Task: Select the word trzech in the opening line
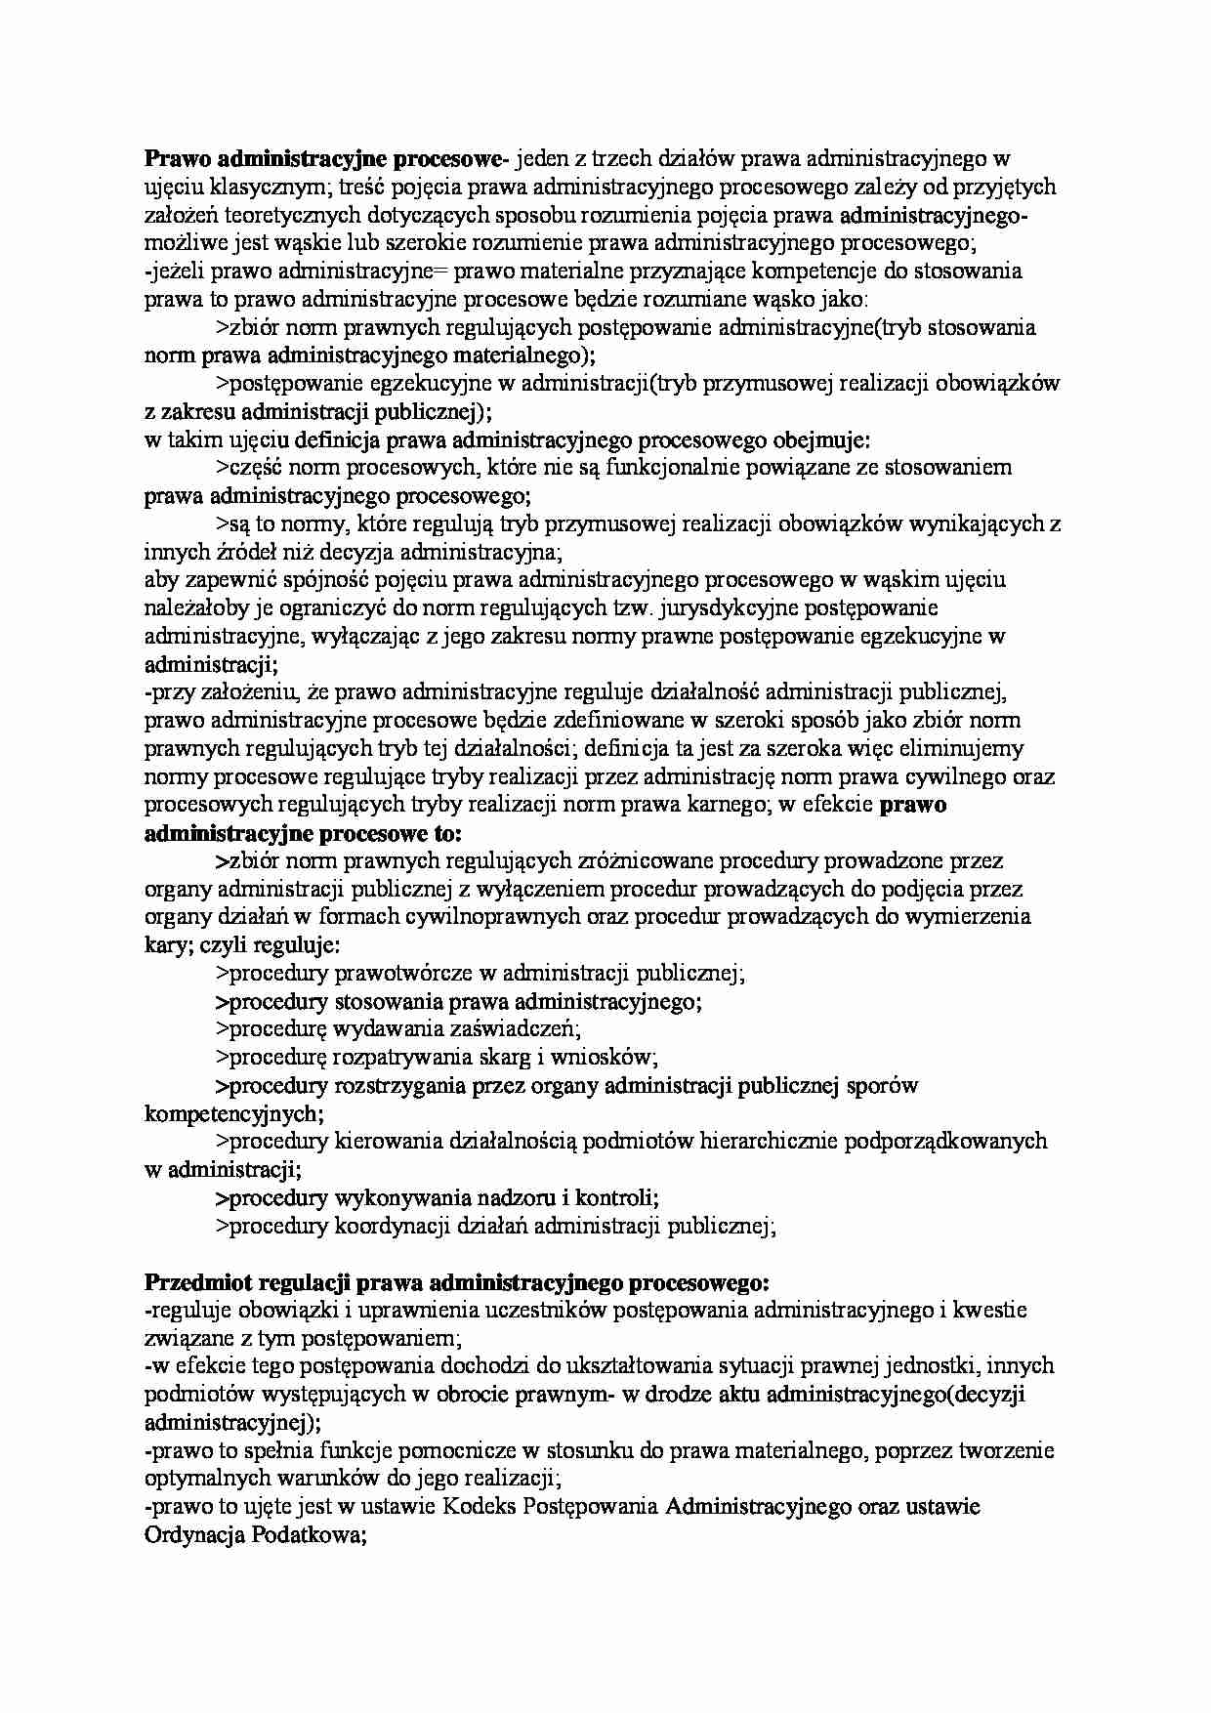[x=622, y=157]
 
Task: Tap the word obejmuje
[x=818, y=439]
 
